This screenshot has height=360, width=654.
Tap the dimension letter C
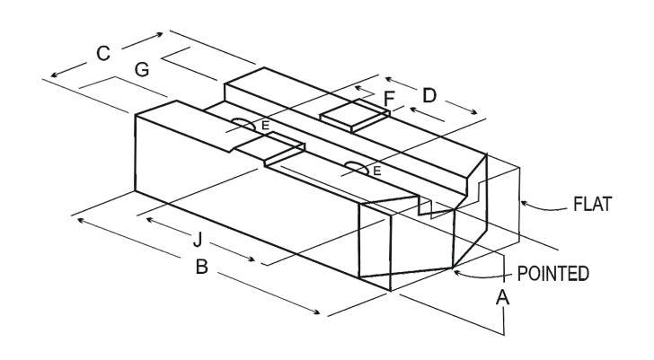(103, 54)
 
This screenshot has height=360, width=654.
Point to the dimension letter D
(429, 93)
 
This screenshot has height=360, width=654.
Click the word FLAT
(592, 205)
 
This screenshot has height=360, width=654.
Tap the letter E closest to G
(265, 127)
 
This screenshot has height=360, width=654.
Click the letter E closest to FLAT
(377, 169)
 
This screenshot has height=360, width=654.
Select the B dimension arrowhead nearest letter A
(319, 312)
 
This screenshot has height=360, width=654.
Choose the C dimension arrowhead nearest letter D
(163, 34)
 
